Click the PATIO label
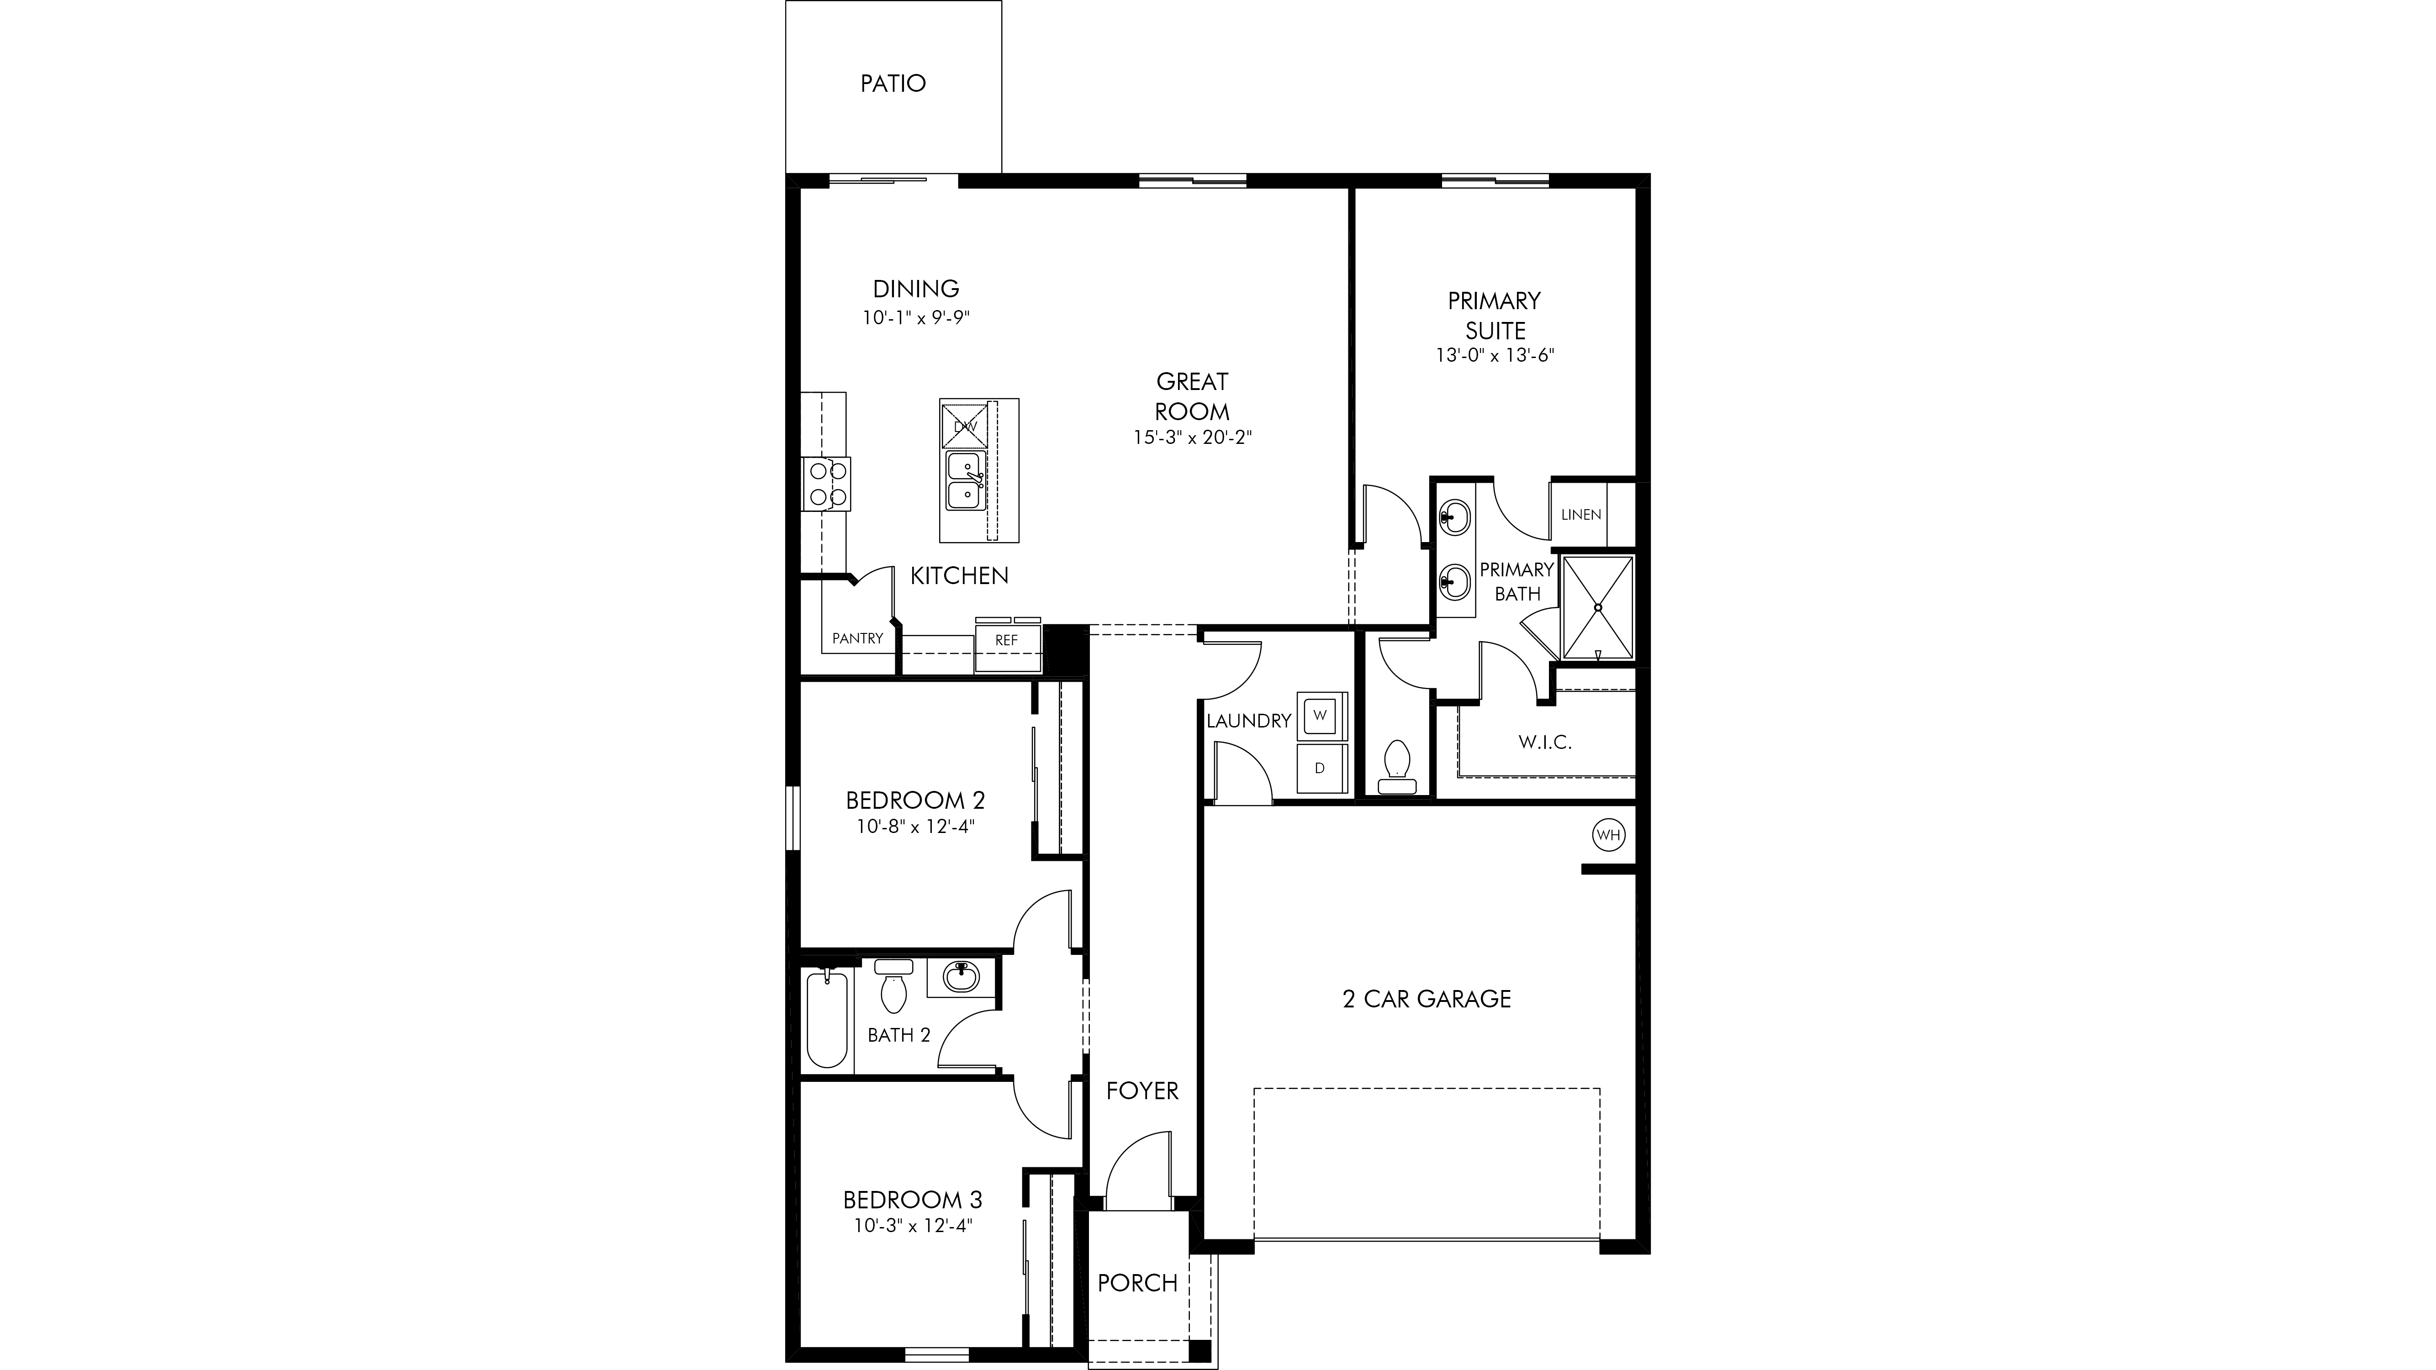(x=893, y=83)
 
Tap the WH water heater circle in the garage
(x=1609, y=835)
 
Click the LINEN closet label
(x=1581, y=514)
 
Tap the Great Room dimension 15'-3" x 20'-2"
(x=1193, y=438)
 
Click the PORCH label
(x=1138, y=1283)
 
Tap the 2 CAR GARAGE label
(x=1427, y=998)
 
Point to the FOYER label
(x=1142, y=1091)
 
